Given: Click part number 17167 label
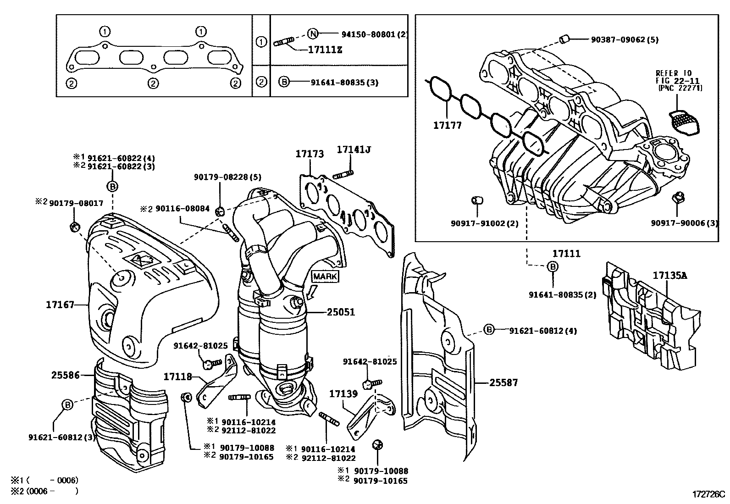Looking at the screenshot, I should [x=60, y=304].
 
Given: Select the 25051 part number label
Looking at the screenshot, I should [x=341, y=312].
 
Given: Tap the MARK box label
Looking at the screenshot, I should [x=325, y=277].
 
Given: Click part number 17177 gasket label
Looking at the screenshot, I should [x=448, y=125].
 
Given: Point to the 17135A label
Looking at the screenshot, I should [x=670, y=276].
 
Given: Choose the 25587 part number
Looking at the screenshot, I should [x=503, y=382].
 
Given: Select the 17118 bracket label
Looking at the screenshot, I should [x=178, y=377].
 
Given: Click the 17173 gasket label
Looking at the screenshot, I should [x=310, y=154].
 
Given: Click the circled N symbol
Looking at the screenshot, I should [x=312, y=33].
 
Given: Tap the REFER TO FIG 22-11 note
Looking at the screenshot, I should [x=679, y=80].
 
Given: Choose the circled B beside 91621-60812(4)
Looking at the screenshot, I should [x=489, y=330].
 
